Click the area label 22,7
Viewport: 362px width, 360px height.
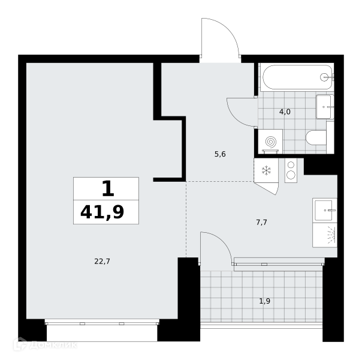102,262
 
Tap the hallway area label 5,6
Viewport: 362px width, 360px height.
220,154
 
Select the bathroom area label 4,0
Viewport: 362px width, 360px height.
285,112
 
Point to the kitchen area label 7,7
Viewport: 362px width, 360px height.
261,222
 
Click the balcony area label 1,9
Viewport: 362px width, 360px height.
265,301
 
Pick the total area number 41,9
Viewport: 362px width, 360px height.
102,212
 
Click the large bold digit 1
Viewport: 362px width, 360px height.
108,188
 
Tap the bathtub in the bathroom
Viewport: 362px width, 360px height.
297,77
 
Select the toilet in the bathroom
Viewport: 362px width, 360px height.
316,138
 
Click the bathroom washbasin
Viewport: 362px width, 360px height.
325,107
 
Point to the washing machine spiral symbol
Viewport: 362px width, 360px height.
270,141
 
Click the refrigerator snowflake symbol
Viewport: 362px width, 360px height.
267,170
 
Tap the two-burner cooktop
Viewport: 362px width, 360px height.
291,171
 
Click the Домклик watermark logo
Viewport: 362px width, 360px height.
46,345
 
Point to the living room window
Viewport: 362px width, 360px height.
102,322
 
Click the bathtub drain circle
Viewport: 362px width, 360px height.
324,77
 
